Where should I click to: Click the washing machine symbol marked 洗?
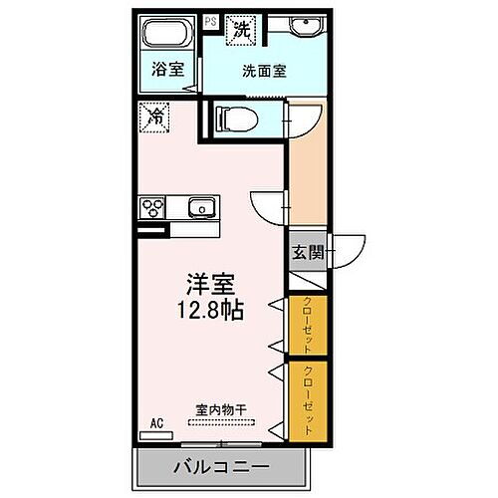coord(242,31)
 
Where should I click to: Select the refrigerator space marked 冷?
coord(153,116)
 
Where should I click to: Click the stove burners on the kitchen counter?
coord(155,207)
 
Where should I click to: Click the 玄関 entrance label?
coord(307,253)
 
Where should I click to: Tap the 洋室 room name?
coord(213,284)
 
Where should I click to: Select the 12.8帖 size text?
coord(213,309)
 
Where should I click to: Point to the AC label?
coord(155,423)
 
